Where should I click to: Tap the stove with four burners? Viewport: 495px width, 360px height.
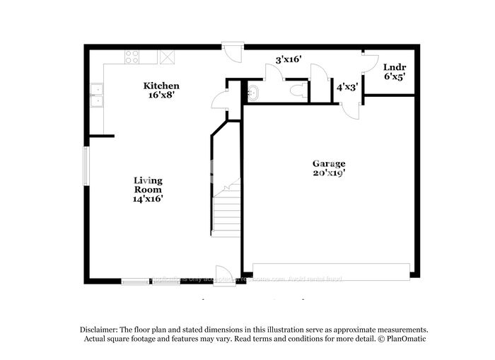tap(132, 57)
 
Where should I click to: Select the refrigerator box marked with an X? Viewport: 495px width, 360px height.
tap(168, 57)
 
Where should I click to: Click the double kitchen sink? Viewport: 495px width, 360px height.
tap(96, 95)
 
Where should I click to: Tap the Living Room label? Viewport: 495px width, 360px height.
tap(148, 185)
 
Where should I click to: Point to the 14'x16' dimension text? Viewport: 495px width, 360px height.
tap(148, 199)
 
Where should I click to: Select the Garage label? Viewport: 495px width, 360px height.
tap(329, 163)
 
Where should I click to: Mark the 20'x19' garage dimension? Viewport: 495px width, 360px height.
tap(329, 173)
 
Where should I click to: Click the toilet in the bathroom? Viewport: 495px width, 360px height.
tap(299, 91)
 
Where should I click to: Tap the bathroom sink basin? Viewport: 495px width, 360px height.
tap(253, 92)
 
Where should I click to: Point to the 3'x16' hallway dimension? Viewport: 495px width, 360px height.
tap(289, 60)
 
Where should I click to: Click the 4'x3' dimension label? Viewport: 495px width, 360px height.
tap(347, 87)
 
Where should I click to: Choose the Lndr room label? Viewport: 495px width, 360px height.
tap(394, 67)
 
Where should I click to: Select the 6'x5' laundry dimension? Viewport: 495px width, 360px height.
tap(394, 77)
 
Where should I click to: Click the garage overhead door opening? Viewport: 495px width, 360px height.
tap(331, 272)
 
